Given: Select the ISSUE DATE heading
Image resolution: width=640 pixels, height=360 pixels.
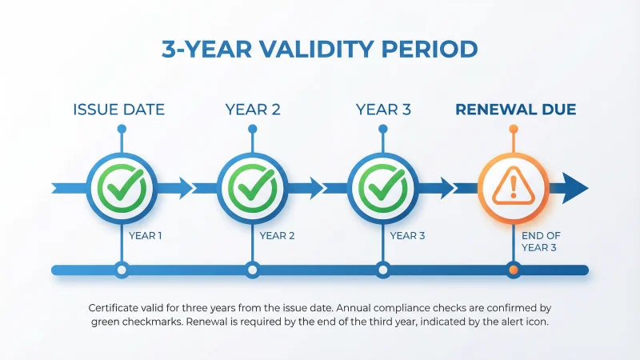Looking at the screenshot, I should pos(119,110).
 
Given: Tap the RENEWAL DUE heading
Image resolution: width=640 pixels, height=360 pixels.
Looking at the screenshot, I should pos(515,110).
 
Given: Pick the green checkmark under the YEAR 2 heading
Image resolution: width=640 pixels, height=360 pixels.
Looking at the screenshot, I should pos(252,187).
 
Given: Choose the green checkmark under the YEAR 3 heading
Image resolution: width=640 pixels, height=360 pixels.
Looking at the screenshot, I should pos(382,187).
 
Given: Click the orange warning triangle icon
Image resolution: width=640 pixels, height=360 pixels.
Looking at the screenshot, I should pos(513,187).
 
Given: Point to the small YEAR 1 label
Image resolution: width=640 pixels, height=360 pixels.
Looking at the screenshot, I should pos(146,235).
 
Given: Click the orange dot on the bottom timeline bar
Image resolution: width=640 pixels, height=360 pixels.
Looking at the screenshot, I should pos(513,270).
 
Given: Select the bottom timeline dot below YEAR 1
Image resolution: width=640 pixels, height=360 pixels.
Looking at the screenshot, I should pos(121,270).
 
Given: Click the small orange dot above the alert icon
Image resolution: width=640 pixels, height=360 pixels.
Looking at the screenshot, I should pos(513,129).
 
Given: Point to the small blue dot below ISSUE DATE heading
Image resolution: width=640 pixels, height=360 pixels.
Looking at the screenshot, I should pos(121,129).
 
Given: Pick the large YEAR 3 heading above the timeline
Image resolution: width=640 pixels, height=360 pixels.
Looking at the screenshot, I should pos(383,110).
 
